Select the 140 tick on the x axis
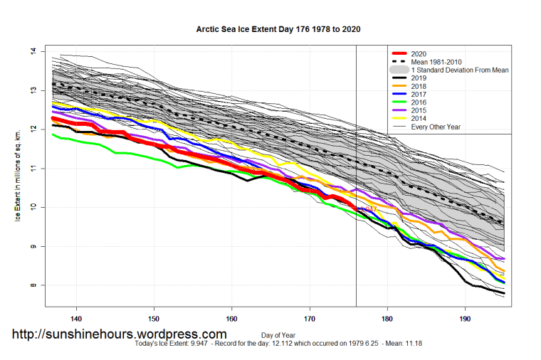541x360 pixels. [76, 318]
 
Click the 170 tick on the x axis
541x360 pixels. [309, 318]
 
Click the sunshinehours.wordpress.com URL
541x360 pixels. [120, 334]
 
